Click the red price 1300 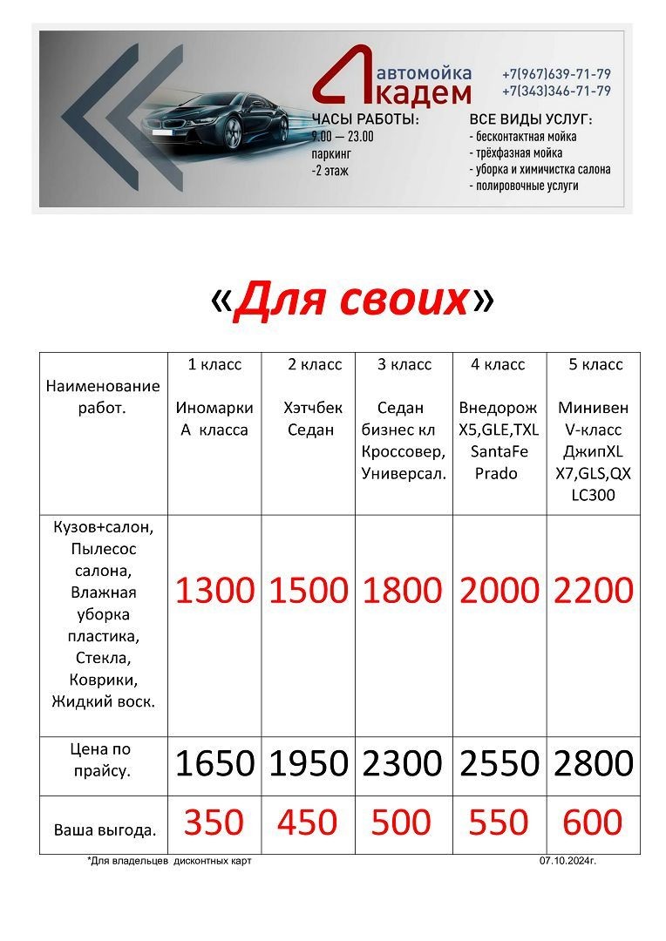click(214, 591)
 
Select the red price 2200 click(593, 591)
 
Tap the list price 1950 click(309, 764)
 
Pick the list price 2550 click(499, 764)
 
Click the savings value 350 click(214, 823)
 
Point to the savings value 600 click(593, 823)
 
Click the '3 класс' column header click(404, 365)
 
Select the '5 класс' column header click(595, 365)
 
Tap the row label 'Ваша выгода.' click(105, 830)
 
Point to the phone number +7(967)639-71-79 click(556, 74)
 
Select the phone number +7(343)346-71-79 click(556, 91)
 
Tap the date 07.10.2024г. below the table click(567, 861)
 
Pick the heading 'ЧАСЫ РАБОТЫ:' click(365, 119)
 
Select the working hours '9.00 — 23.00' click(343, 137)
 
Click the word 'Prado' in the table click(496, 474)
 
